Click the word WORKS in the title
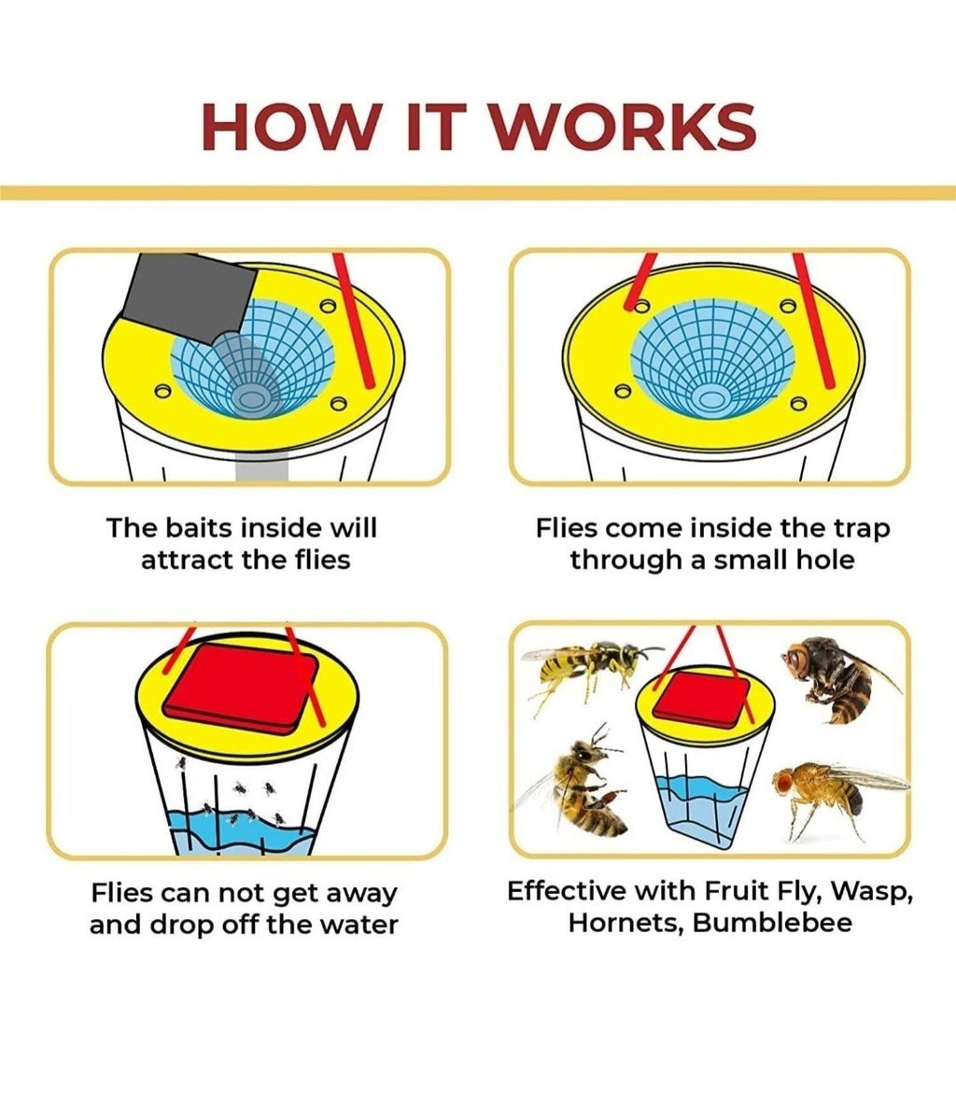click(x=623, y=127)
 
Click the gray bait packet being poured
click(x=190, y=298)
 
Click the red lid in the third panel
click(x=240, y=689)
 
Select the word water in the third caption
click(x=359, y=926)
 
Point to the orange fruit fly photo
click(x=836, y=796)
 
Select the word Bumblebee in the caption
click(x=772, y=923)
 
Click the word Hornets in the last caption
click(x=626, y=924)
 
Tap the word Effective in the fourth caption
click(x=567, y=892)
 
